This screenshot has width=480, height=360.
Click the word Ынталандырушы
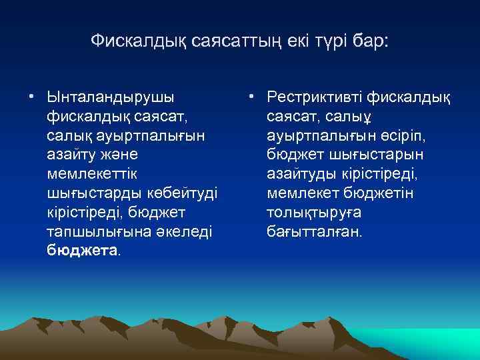pos(110,97)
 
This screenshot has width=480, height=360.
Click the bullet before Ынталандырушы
pos(31,97)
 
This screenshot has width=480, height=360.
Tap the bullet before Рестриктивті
pos(251,97)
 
